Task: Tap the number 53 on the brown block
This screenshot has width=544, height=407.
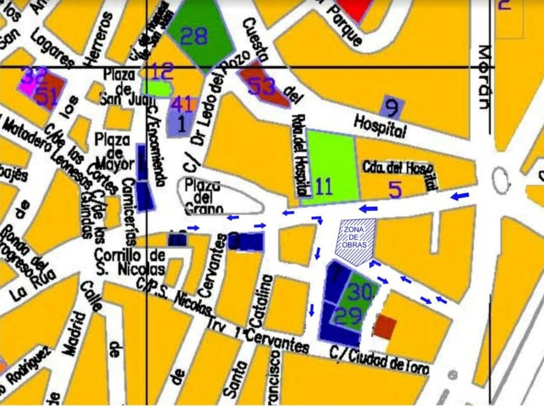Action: pyautogui.click(x=261, y=87)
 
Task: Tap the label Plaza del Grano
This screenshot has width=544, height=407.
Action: pyautogui.click(x=203, y=197)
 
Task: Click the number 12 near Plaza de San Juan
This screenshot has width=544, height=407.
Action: pyautogui.click(x=163, y=72)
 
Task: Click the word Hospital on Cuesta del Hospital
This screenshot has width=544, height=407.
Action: pyautogui.click(x=380, y=126)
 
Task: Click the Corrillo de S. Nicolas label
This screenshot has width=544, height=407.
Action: pyautogui.click(x=130, y=262)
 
